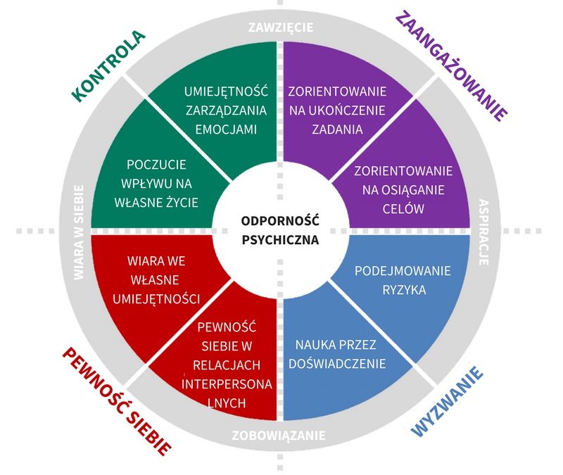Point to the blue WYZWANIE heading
(x=450, y=401)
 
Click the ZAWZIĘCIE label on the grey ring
(x=281, y=28)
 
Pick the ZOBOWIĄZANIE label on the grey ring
(x=279, y=436)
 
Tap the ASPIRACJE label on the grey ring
(x=483, y=232)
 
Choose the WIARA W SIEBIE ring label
(x=79, y=233)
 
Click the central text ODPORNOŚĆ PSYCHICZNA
(x=280, y=229)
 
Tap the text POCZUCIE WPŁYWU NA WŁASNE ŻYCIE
(x=157, y=183)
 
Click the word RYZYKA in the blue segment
(x=403, y=289)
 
